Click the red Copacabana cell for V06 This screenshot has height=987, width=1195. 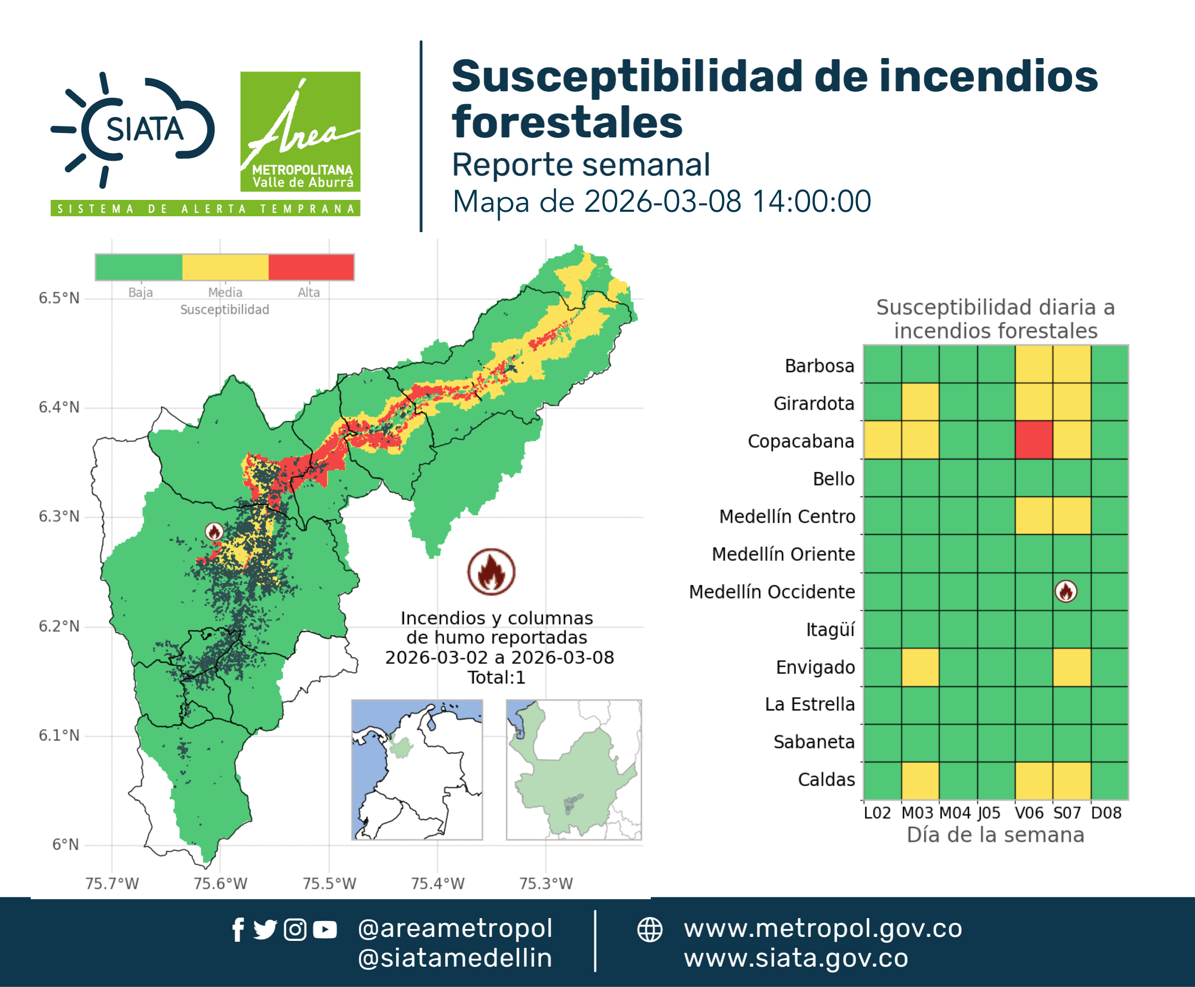tap(1033, 440)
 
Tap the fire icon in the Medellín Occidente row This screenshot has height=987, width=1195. tap(1066, 591)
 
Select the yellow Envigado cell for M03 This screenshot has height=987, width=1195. tap(920, 668)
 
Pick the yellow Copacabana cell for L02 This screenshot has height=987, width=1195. tap(882, 440)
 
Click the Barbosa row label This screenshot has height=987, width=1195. tap(819, 366)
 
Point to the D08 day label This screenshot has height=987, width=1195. tap(1106, 813)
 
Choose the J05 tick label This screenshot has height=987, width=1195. tap(989, 813)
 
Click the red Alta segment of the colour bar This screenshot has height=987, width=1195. tap(311, 267)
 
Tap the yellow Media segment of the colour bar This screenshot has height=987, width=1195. tap(225, 267)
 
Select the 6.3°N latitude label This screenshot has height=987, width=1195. tap(59, 516)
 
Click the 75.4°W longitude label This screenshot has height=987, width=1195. tap(438, 883)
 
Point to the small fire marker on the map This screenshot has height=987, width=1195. tap(214, 532)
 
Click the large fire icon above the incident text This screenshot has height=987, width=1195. tap(492, 572)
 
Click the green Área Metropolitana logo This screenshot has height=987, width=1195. tap(300, 131)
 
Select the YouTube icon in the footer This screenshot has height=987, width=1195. tap(325, 929)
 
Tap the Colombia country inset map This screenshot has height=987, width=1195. tap(417, 770)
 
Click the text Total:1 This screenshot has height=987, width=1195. tap(497, 677)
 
